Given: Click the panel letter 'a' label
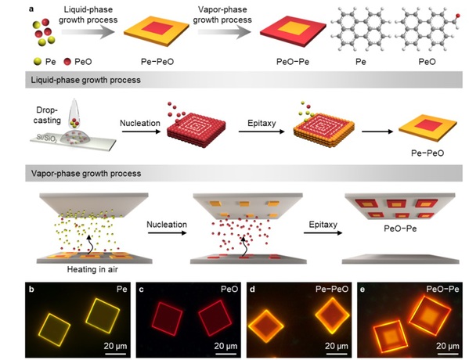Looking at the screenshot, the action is pyautogui.click(x=31, y=9).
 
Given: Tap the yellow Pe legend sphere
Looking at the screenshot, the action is pyautogui.click(x=38, y=62).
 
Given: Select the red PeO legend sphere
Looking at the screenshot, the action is pyautogui.click(x=67, y=62).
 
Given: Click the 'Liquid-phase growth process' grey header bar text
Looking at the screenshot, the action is pyautogui.click(x=86, y=80).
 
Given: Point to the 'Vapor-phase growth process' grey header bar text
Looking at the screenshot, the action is pyautogui.click(x=86, y=174).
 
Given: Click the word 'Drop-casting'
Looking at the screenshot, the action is pyautogui.click(x=47, y=115).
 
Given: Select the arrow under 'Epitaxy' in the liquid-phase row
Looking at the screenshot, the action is pyautogui.click(x=261, y=131).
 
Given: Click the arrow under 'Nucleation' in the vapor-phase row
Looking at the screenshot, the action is pyautogui.click(x=167, y=232).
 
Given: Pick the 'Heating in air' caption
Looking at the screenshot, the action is pyautogui.click(x=92, y=269).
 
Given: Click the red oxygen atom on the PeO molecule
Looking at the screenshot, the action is pyautogui.click(x=457, y=16).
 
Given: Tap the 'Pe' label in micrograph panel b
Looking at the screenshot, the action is pyautogui.click(x=121, y=289).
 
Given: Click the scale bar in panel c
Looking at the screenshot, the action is pyautogui.click(x=225, y=354).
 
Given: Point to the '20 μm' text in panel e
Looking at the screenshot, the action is pyautogui.click(x=447, y=346).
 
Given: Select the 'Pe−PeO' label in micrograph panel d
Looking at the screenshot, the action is pyautogui.click(x=332, y=289).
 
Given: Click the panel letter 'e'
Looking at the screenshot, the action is pyautogui.click(x=363, y=290).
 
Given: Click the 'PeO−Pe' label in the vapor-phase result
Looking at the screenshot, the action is pyautogui.click(x=400, y=229).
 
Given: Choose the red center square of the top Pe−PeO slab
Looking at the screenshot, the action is pyautogui.click(x=157, y=28).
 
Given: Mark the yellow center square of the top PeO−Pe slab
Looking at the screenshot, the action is pyautogui.click(x=294, y=28).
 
